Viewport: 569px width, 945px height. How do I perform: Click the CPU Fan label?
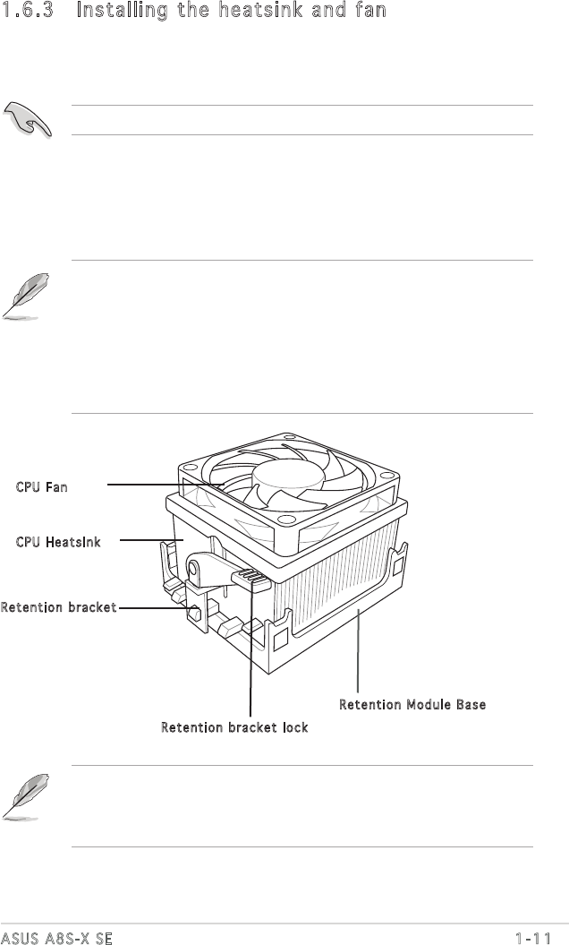pos(41,486)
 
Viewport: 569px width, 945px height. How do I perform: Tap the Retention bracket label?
pos(58,608)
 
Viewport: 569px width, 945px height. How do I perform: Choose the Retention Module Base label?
pos(412,705)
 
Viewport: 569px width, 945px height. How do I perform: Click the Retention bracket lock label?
pos(234,727)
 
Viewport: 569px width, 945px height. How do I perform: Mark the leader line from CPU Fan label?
pos(166,485)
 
